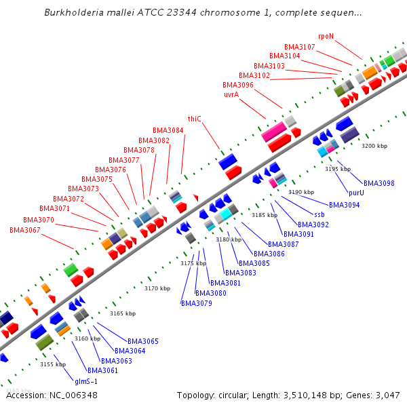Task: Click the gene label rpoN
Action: coord(326,36)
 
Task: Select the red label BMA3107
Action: coord(299,47)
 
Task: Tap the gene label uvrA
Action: coord(231,95)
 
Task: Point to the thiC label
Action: coord(195,119)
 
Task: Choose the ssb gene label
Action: coord(319,214)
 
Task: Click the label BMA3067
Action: coord(25,230)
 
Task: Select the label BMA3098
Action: coord(379,183)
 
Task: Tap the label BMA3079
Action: coord(197,303)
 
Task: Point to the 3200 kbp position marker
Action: coord(374,146)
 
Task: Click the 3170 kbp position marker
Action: coord(157,288)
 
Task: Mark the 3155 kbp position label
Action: coord(53,364)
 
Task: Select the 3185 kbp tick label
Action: coord(265,215)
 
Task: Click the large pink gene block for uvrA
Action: coord(273,129)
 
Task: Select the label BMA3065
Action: coord(143,341)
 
